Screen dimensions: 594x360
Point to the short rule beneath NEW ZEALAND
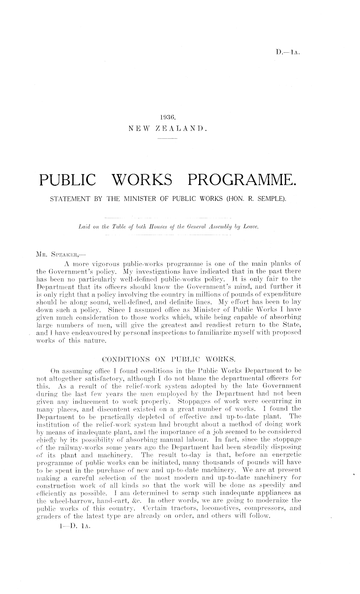click(167, 139)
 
